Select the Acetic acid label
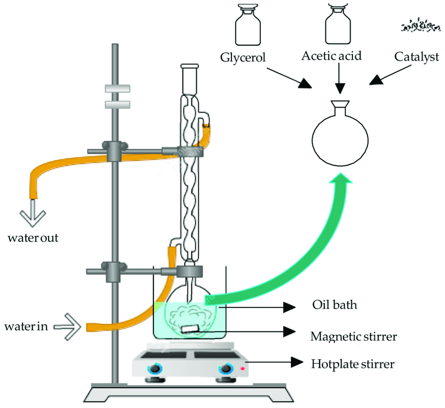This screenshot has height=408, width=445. coord(331,55)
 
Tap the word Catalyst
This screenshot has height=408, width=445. coord(416,57)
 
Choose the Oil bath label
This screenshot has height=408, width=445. coord(334,304)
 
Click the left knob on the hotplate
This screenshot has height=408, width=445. coord(155,369)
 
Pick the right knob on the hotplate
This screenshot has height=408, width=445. coord(226,369)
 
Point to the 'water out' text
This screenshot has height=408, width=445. coord(32,239)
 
